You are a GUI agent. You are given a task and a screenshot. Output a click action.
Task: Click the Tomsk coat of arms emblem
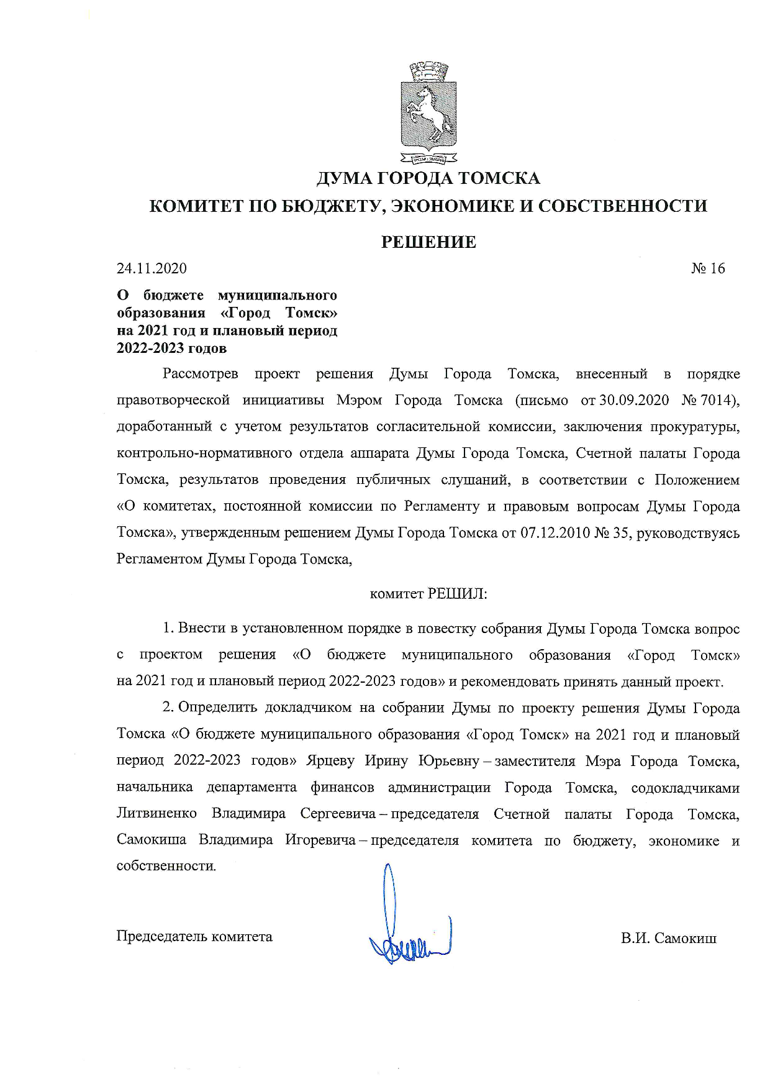(x=428, y=112)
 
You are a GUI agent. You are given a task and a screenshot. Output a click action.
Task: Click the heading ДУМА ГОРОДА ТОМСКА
(x=428, y=179)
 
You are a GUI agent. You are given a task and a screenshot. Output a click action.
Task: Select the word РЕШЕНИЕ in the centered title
(x=428, y=242)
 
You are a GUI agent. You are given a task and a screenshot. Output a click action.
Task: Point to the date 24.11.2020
(x=152, y=268)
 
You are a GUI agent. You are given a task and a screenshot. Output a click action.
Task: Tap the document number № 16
(x=708, y=268)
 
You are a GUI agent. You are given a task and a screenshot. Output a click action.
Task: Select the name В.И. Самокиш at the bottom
(x=669, y=938)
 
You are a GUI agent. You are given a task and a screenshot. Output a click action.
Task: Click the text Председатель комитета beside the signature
(x=194, y=936)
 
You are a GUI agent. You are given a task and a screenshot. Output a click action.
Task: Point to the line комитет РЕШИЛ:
(x=428, y=594)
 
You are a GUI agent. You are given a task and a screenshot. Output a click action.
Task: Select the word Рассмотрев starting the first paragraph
(x=201, y=374)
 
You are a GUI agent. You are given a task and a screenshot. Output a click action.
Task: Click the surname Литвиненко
(x=156, y=814)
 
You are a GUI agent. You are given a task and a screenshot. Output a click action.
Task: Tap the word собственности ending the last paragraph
(x=166, y=866)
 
